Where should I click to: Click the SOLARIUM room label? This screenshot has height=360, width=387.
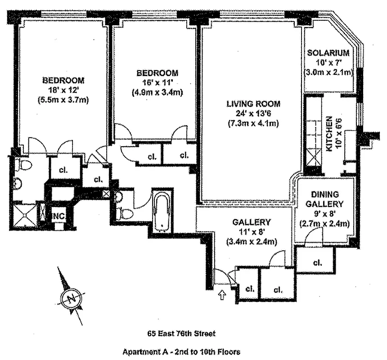(328, 53)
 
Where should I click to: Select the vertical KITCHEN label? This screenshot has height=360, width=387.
(329, 134)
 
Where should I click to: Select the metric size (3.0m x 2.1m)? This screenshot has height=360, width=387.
(328, 72)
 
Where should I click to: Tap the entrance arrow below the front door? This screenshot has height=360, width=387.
(221, 295)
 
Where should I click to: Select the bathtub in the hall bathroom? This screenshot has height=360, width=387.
(162, 210)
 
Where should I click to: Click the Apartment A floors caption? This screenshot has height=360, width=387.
(181, 352)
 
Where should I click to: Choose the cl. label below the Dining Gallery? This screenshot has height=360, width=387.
(316, 262)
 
